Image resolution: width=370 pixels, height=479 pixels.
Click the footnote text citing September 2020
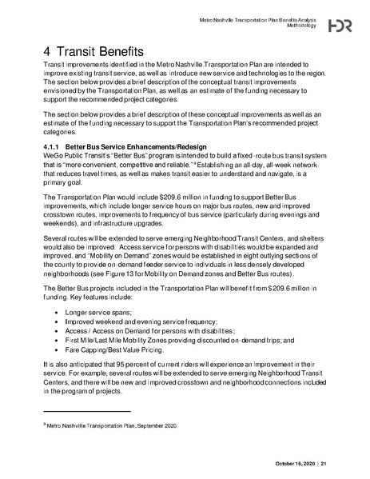coord(113,427)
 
